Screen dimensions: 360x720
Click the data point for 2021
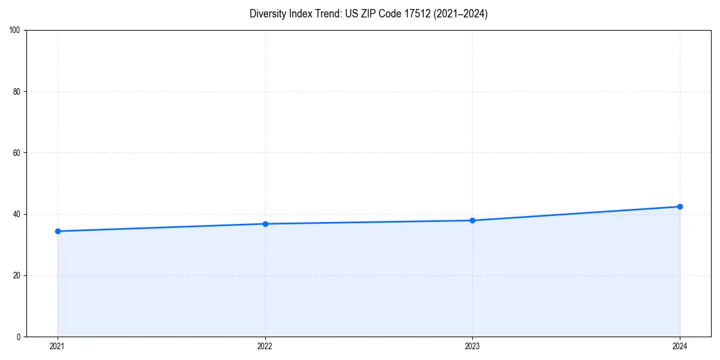(x=58, y=231)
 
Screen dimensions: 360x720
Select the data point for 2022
(x=265, y=224)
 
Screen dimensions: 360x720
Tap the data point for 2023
(x=472, y=220)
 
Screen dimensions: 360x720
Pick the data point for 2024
(x=680, y=206)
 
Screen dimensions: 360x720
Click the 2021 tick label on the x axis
(x=58, y=346)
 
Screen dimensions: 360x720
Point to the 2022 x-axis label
(x=265, y=346)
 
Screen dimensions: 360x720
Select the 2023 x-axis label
(x=472, y=346)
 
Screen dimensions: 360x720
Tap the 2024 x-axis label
(x=680, y=346)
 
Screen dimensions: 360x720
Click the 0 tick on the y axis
(x=19, y=337)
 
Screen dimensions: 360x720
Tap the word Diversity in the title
(x=268, y=14)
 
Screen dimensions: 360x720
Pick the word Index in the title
(x=302, y=14)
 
